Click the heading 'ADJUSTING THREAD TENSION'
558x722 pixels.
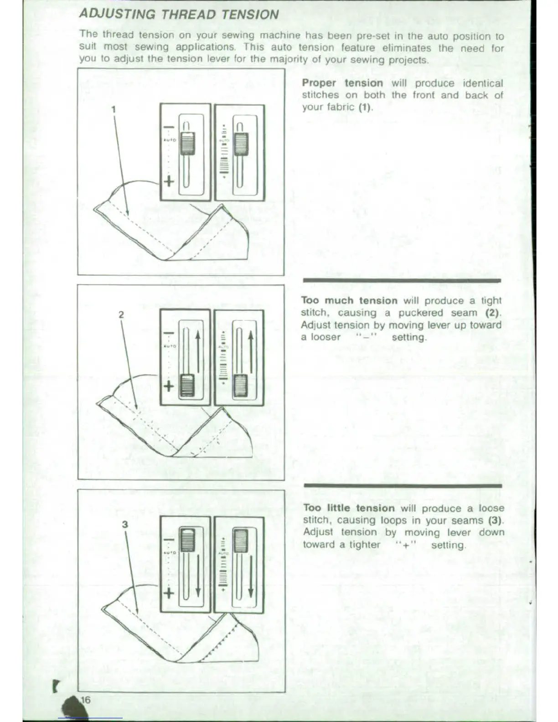coord(179,14)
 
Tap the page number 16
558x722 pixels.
coord(86,700)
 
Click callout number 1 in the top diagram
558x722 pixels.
coord(114,109)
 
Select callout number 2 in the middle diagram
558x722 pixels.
coord(121,315)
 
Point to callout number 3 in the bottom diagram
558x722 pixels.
coord(125,524)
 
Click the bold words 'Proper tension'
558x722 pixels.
coord(342,83)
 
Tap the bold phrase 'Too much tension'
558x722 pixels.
coord(349,300)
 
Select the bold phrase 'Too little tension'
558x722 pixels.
coord(349,508)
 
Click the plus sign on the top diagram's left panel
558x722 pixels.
coord(169,181)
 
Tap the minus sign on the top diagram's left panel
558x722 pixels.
coord(169,127)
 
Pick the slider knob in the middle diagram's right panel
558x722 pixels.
coord(240,386)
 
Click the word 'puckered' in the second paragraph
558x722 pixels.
coord(420,313)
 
